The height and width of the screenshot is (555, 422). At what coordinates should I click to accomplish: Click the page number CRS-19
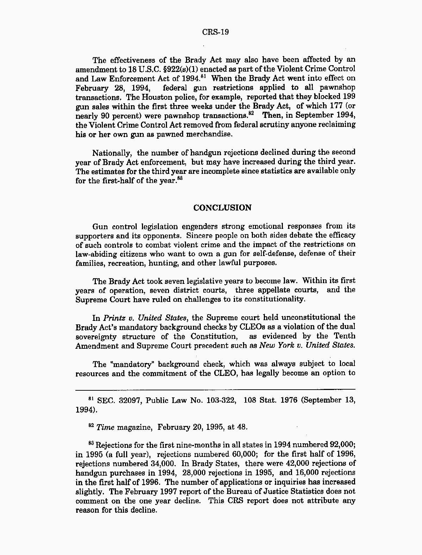tap(216, 32)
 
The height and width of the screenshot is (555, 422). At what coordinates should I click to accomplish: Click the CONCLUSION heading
tap(223, 208)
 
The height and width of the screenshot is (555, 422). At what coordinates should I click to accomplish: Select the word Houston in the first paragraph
tap(111, 97)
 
